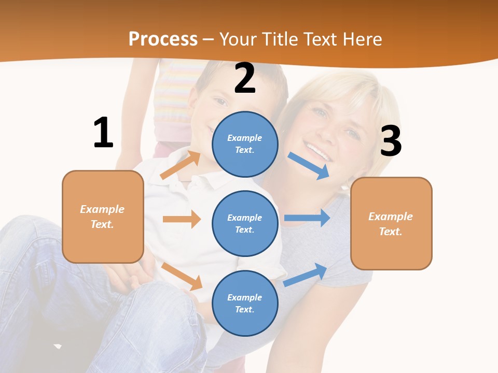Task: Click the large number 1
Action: (x=103, y=133)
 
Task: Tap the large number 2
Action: (x=245, y=79)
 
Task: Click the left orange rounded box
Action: (x=103, y=217)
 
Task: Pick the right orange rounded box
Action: (x=391, y=224)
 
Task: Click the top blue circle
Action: (x=245, y=144)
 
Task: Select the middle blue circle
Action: (x=245, y=223)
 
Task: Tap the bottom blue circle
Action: (x=245, y=303)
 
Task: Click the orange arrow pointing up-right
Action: (x=181, y=165)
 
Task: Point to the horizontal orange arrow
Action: (x=182, y=219)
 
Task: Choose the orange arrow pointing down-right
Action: (x=182, y=276)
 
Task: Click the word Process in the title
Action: (x=163, y=39)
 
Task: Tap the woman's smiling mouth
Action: (x=317, y=152)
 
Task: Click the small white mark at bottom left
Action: (x=58, y=346)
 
